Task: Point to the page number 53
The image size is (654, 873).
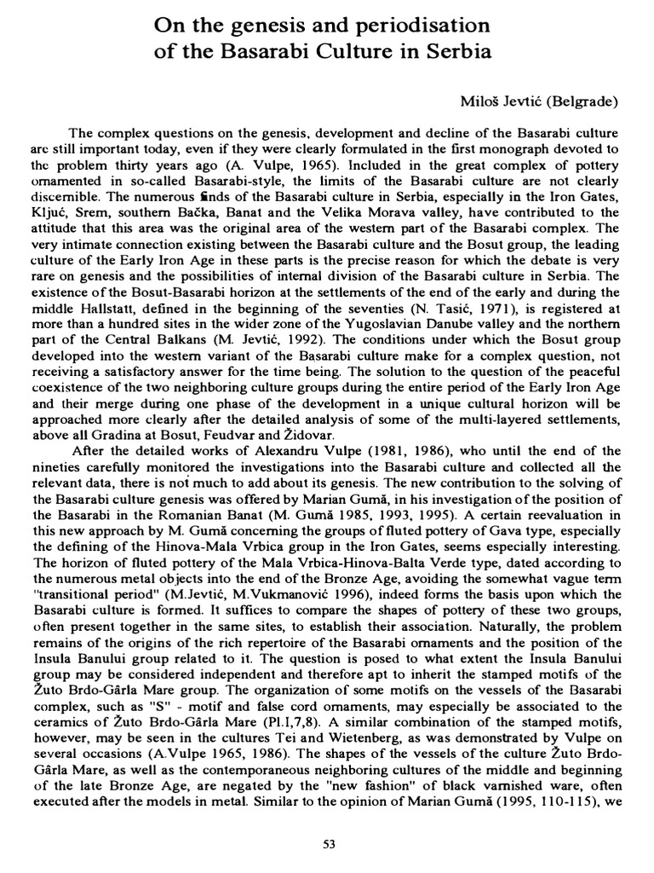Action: tap(330, 844)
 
